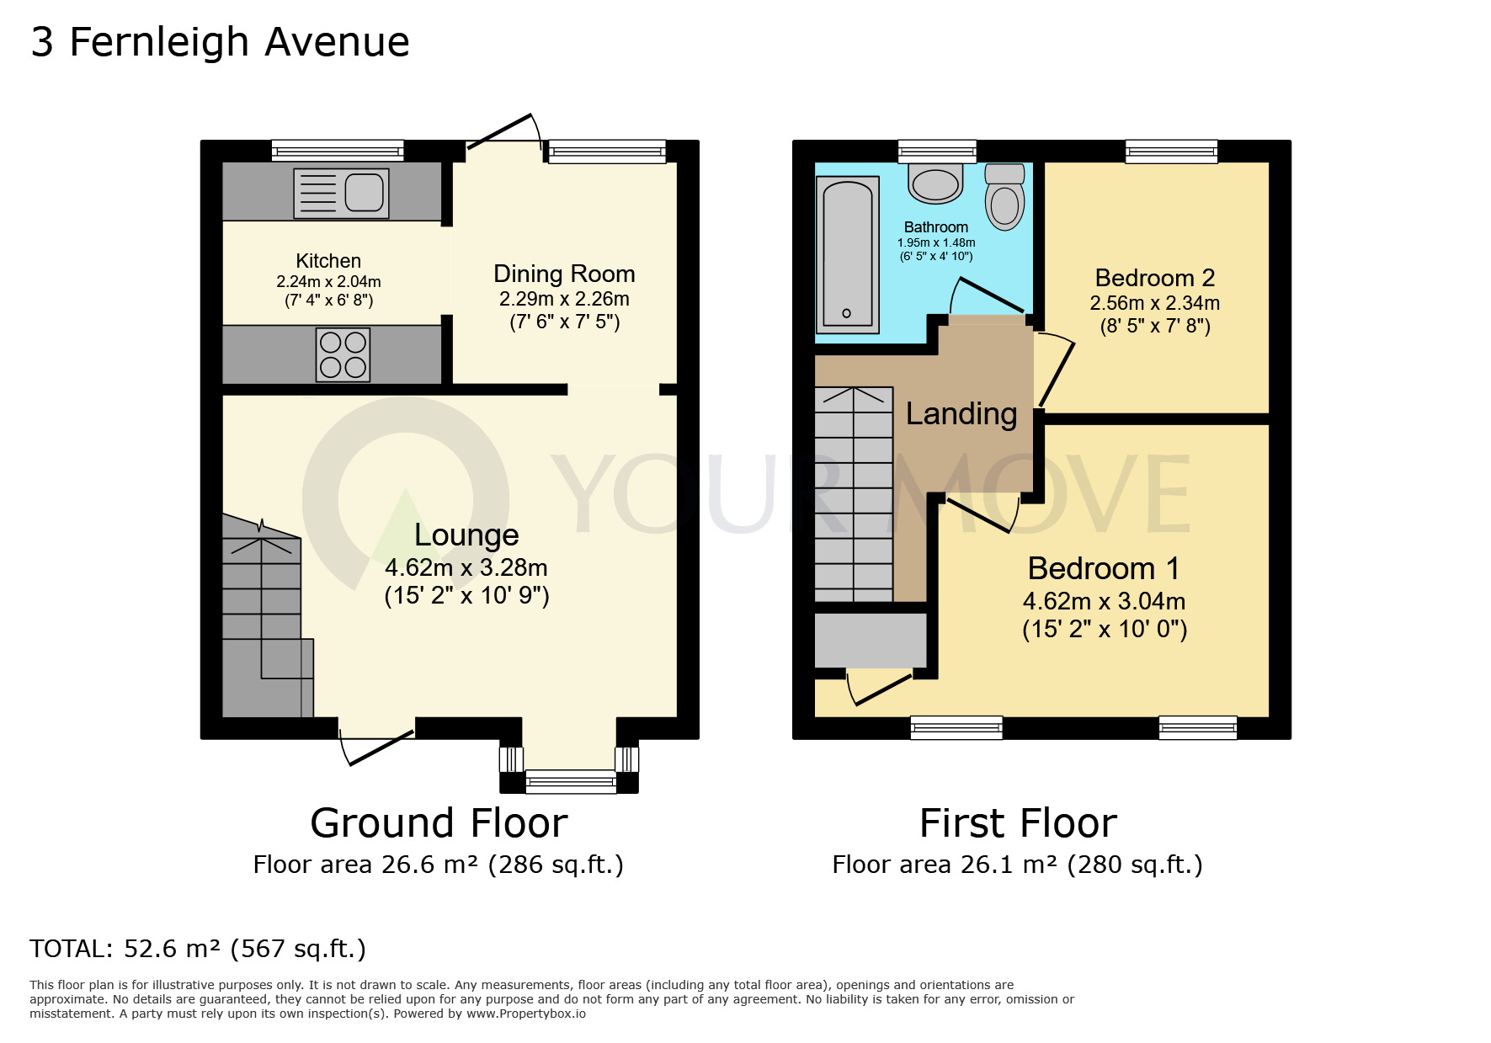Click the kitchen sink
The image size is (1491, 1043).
341,194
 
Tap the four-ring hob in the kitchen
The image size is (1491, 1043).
343,354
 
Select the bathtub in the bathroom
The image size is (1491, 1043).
847,254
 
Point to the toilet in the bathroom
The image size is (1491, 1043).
1004,198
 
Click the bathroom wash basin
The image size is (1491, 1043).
935,184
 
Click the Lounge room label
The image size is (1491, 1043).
466,535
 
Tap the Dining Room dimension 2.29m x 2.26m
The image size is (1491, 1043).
564,300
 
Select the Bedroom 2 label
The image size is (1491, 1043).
1154,278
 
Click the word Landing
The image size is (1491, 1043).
961,414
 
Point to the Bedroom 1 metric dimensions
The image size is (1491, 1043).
1104,602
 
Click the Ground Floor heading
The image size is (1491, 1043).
439,823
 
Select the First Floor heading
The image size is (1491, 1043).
1018,823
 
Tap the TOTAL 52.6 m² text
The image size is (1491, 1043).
198,949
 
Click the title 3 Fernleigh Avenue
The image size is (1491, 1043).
220,42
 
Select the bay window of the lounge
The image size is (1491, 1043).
570,781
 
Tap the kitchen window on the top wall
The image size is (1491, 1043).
338,152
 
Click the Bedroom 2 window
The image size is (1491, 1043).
1171,152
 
